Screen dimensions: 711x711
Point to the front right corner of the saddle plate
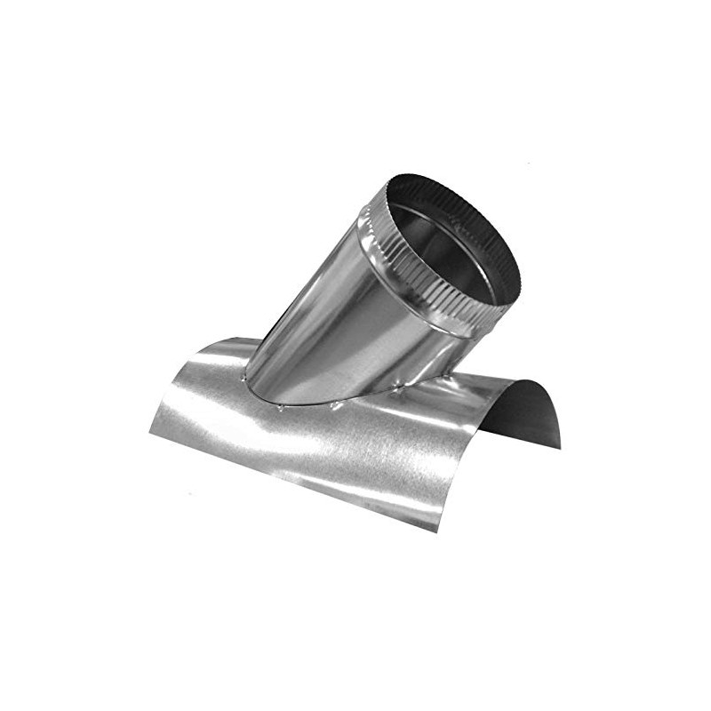click(436, 531)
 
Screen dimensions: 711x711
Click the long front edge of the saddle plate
click(293, 480)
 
